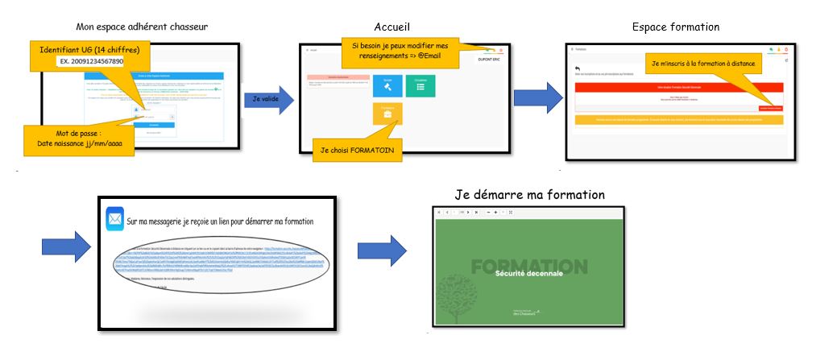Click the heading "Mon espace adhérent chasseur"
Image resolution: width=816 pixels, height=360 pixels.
click(142, 27)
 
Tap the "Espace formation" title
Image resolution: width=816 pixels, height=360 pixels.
click(676, 27)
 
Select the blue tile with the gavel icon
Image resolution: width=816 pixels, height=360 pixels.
click(387, 85)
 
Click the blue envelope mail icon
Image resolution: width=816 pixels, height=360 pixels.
click(114, 218)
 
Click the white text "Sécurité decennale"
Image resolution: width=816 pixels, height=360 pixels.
click(527, 275)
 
